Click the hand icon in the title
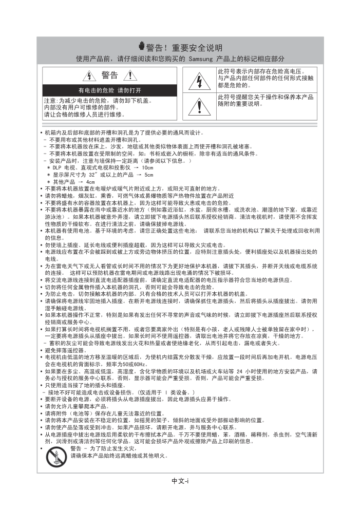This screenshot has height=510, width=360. (x=142, y=47)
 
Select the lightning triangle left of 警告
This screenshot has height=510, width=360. (x=90, y=77)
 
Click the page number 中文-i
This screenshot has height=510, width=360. (x=180, y=481)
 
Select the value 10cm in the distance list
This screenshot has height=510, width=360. (x=147, y=168)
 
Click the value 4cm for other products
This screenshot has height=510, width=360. (x=90, y=182)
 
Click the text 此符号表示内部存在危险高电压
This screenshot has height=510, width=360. (x=261, y=71)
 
